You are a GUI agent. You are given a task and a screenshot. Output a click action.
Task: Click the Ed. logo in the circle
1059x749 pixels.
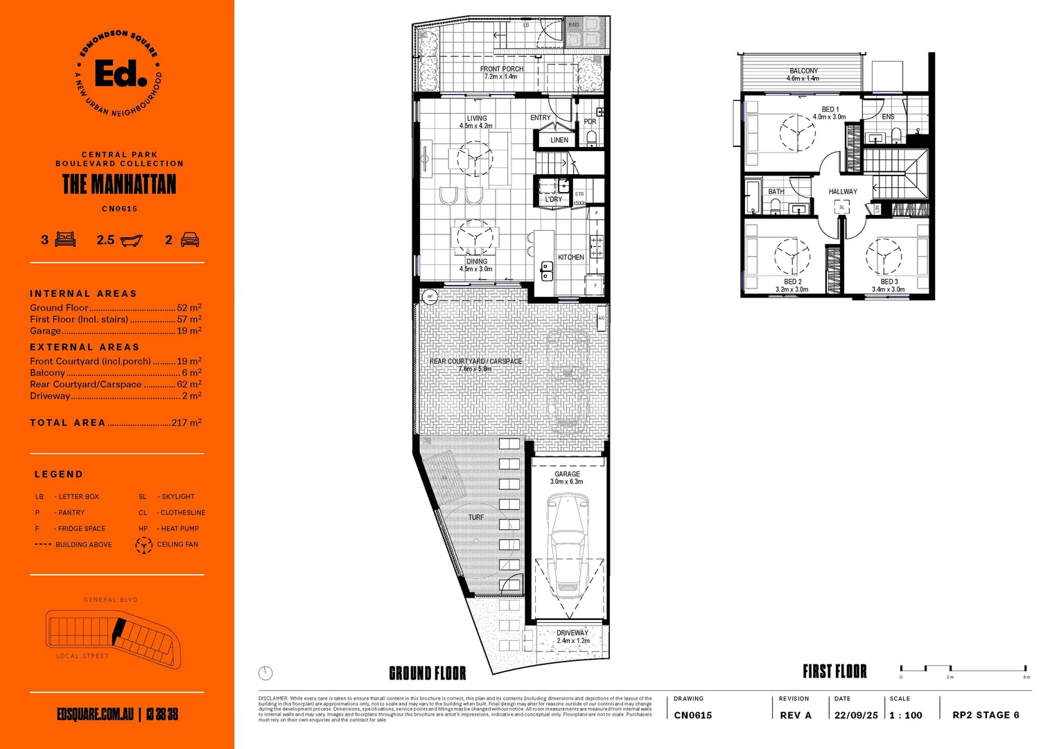(x=119, y=74)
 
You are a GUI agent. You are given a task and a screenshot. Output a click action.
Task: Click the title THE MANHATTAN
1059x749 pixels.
(x=119, y=184)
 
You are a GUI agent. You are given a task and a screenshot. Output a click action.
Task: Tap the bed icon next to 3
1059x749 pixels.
(x=65, y=240)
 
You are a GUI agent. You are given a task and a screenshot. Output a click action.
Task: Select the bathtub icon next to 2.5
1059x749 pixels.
(x=131, y=241)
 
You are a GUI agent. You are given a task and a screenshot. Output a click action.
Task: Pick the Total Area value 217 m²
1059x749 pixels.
(x=186, y=422)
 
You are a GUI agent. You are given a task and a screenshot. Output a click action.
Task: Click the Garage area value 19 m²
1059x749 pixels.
(x=189, y=331)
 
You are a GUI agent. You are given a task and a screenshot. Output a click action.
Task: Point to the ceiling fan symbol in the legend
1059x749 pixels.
(x=143, y=545)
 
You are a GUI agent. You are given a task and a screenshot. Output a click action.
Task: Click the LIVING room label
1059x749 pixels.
(x=476, y=119)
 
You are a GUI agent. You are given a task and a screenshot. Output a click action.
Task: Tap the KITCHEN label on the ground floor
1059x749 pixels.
(x=570, y=257)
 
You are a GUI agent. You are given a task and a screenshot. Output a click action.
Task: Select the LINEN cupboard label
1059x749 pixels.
(x=559, y=140)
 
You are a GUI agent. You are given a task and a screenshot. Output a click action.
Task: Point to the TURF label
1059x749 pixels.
(x=476, y=517)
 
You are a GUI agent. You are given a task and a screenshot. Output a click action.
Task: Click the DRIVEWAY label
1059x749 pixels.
(x=572, y=633)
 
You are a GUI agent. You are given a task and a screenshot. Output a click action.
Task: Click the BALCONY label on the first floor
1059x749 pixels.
(x=803, y=71)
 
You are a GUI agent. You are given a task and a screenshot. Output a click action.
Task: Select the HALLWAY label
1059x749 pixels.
(x=843, y=191)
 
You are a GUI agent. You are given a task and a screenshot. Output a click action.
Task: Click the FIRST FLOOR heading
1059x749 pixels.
(x=834, y=671)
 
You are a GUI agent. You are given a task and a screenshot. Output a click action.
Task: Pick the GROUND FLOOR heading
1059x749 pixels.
(x=428, y=673)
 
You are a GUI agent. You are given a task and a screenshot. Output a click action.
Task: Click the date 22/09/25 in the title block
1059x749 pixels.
(x=856, y=716)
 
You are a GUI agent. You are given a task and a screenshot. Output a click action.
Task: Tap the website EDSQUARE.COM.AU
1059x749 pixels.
(x=95, y=714)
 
